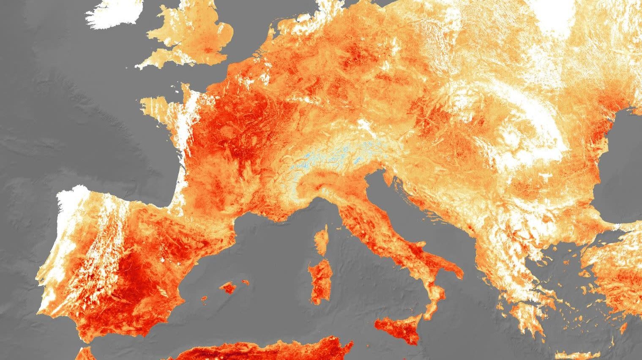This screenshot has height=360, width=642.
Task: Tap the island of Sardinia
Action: coord(319,279)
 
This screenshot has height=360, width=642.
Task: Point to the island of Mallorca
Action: coord(229,288)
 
